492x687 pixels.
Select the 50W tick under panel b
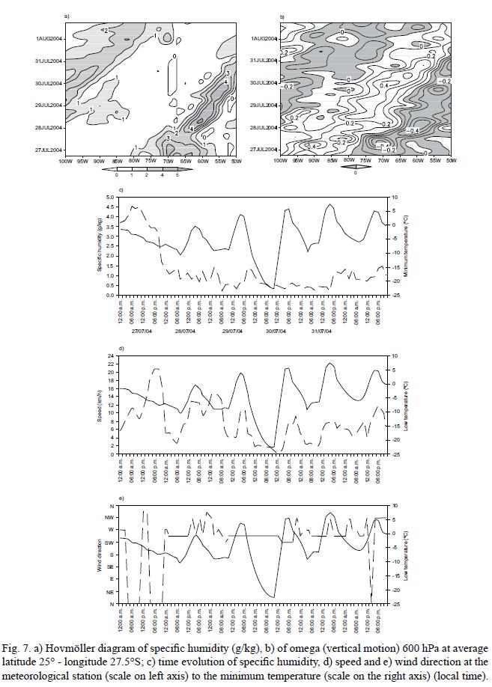point(448,161)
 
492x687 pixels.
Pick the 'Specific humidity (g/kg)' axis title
point(99,245)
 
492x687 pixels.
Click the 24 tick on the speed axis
point(110,355)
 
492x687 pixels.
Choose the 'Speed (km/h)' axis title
point(99,404)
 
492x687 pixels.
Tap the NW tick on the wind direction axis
point(109,517)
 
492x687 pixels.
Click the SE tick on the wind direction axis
point(109,567)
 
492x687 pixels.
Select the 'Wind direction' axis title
point(99,555)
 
